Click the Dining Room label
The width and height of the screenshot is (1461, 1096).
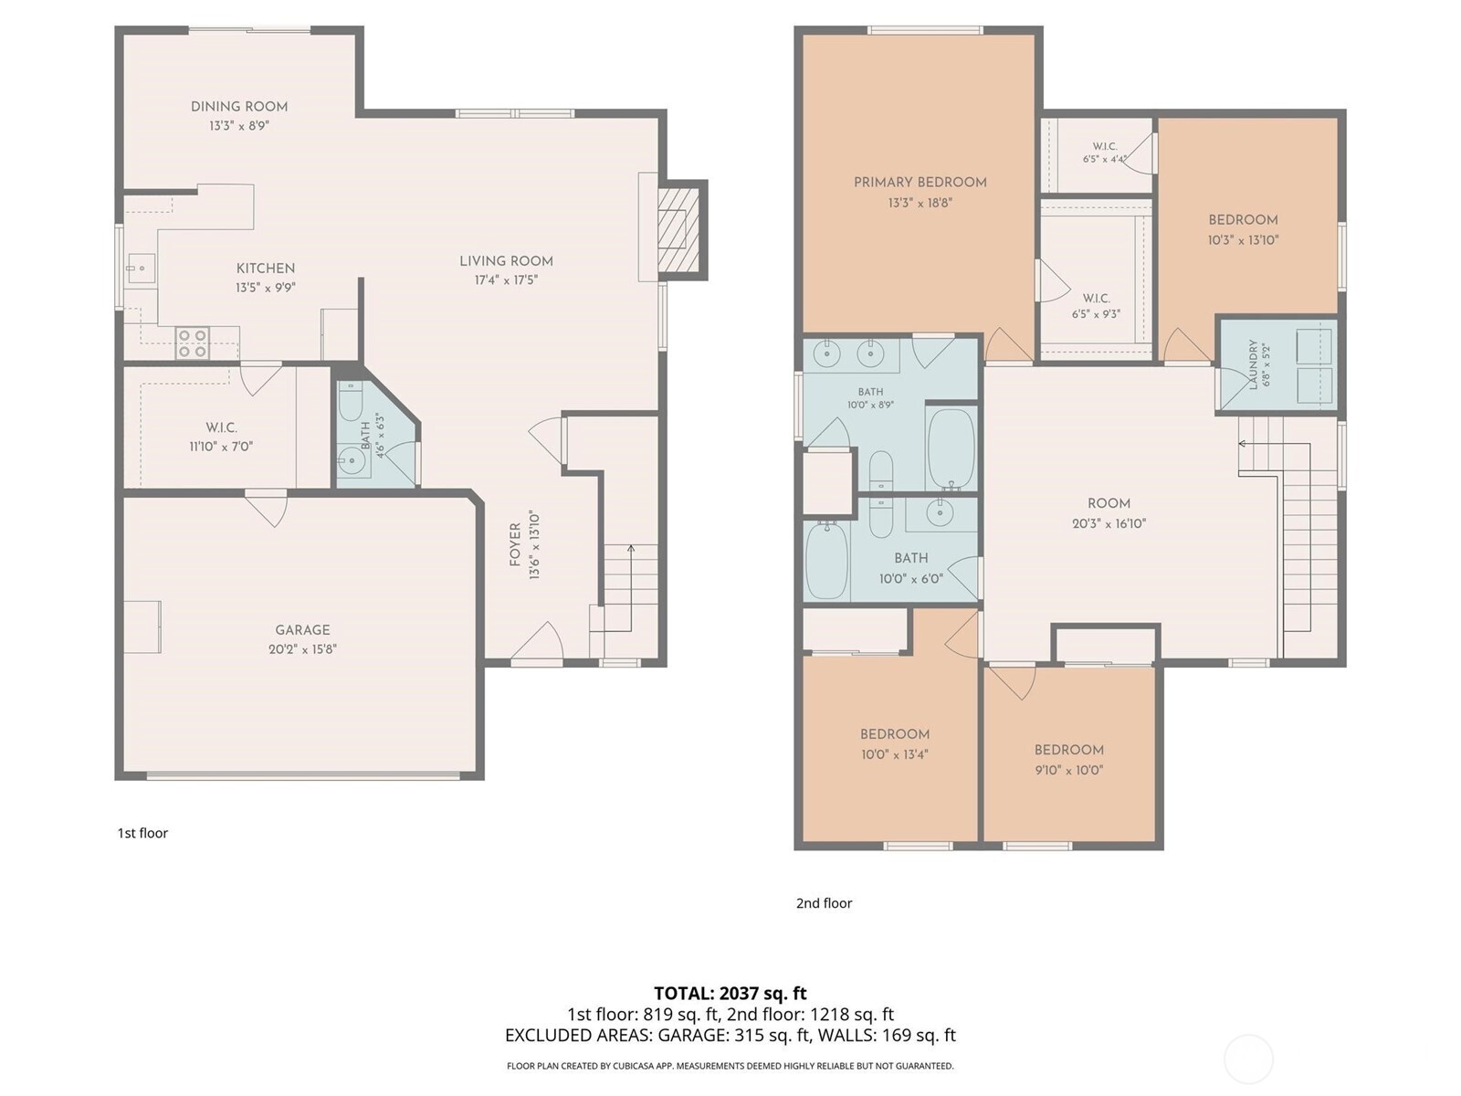tap(239, 107)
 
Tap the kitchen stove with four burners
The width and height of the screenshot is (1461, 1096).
tap(193, 342)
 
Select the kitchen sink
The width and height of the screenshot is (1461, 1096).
tap(142, 269)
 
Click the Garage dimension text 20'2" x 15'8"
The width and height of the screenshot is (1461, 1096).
tap(303, 648)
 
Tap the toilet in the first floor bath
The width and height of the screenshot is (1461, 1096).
tap(350, 401)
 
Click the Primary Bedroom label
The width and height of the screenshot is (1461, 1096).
tap(920, 183)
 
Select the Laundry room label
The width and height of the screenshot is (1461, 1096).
tap(1254, 364)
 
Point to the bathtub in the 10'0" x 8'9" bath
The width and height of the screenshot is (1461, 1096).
tap(951, 448)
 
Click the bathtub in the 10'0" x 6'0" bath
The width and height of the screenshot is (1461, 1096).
tap(826, 560)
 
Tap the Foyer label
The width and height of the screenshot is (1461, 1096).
tap(515, 545)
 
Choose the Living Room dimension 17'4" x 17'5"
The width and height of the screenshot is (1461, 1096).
tap(506, 280)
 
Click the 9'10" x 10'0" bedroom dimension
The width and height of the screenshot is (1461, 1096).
tap(1069, 770)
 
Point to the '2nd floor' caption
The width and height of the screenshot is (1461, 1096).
tap(824, 903)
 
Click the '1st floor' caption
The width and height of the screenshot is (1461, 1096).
tap(143, 832)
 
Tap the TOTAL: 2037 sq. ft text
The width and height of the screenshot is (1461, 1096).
tap(730, 993)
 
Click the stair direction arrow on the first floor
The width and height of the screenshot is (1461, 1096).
tap(619, 588)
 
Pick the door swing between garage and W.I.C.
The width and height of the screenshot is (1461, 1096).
tap(268, 509)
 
